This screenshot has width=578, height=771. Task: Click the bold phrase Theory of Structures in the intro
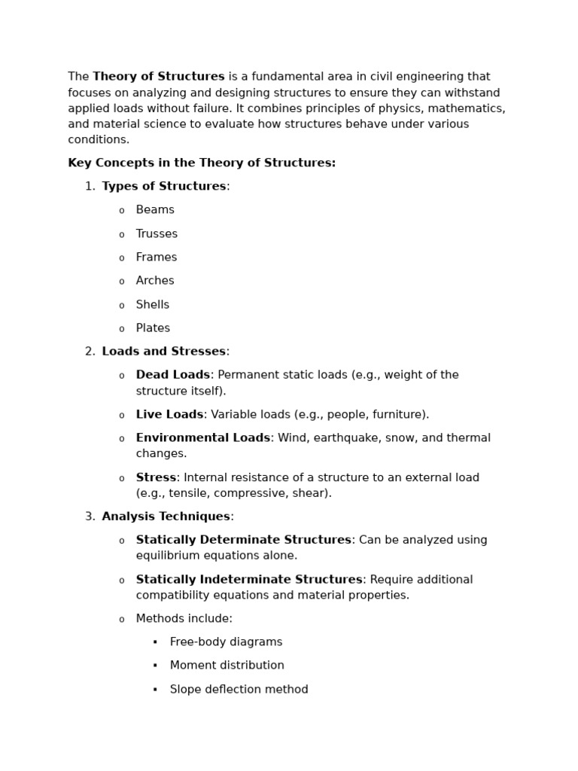(x=159, y=77)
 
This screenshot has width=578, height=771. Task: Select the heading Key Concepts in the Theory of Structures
(x=202, y=163)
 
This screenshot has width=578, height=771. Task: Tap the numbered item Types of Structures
(x=164, y=187)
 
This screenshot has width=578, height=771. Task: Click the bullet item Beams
(x=155, y=210)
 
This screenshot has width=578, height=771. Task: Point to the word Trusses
(x=157, y=234)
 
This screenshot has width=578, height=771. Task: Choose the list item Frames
(x=157, y=258)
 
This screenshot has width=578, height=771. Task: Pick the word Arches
(x=155, y=281)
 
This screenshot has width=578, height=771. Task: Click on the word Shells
(x=153, y=305)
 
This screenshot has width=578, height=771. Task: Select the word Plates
(x=153, y=328)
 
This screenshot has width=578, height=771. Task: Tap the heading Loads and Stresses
(x=164, y=352)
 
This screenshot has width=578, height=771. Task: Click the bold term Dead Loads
(x=173, y=375)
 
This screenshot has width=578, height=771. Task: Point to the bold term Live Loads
(x=169, y=415)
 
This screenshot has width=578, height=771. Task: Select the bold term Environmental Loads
(x=203, y=438)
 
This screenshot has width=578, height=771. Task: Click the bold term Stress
(x=156, y=478)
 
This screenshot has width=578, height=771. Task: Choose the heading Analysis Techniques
(x=166, y=517)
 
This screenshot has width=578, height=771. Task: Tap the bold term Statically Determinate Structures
(x=244, y=540)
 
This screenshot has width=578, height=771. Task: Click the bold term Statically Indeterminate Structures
(x=249, y=580)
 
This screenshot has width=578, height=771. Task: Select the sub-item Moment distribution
(x=227, y=666)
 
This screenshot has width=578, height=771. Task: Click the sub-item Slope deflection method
(x=239, y=690)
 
